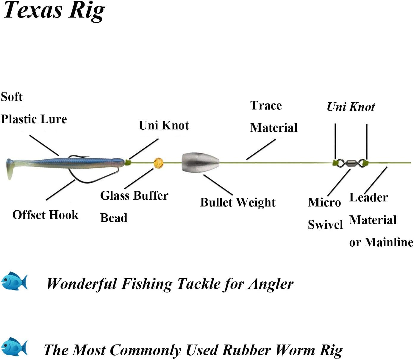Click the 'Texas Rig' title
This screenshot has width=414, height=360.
point(54,11)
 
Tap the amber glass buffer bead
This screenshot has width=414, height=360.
point(158,163)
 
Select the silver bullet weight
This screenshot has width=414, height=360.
point(200,163)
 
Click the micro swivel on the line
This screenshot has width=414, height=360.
point(350,163)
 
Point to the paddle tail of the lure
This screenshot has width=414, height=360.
point(10,169)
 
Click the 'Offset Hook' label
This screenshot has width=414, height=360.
point(45,215)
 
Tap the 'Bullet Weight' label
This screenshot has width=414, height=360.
point(238,203)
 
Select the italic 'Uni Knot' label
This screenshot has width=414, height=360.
point(351,107)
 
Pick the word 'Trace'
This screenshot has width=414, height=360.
point(266,105)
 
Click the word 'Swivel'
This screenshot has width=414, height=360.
point(325,225)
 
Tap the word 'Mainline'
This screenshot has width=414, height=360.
point(389,242)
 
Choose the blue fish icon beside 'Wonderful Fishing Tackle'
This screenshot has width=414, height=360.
point(14,281)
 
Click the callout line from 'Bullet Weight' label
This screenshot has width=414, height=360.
point(218,185)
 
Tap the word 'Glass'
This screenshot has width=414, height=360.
point(115,195)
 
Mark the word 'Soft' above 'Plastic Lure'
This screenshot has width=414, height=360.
point(12,97)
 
